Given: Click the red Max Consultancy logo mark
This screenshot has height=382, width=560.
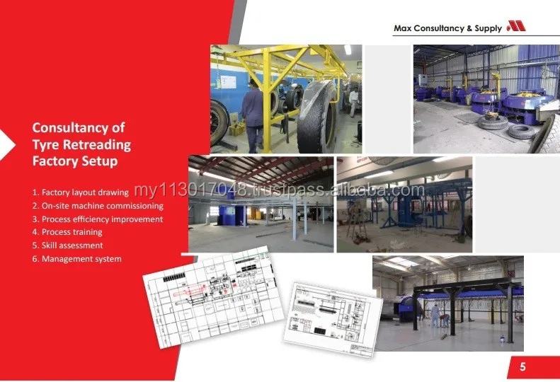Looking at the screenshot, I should point(515,27).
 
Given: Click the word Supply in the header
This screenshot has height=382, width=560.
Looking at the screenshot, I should point(488,28).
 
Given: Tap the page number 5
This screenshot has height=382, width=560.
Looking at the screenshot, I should point(522,367).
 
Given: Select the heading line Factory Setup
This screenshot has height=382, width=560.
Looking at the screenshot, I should point(75,161).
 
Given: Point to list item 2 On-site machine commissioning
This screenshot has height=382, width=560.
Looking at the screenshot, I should point(98,205).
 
